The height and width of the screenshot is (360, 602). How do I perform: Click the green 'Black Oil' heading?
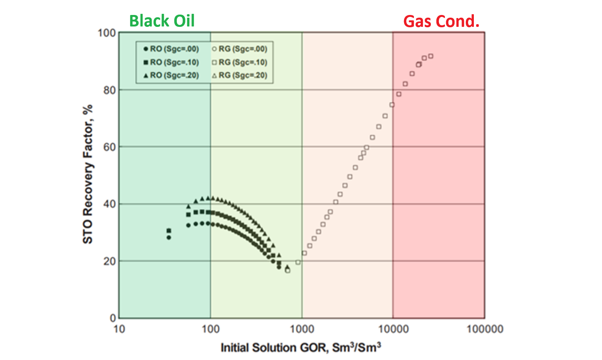tap(162, 21)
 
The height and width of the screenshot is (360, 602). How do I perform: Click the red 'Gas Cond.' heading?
tap(441, 21)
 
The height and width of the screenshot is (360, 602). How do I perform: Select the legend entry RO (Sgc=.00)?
tap(171, 49)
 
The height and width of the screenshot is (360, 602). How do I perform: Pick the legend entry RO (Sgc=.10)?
tap(171, 62)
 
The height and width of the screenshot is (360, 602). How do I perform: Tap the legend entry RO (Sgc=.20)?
tap(171, 75)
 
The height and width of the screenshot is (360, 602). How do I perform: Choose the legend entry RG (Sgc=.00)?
tap(239, 49)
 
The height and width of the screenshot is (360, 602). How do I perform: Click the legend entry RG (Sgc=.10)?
tap(239, 62)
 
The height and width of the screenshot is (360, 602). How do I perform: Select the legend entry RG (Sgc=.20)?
tap(239, 75)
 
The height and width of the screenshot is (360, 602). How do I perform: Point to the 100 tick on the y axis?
tap(107, 33)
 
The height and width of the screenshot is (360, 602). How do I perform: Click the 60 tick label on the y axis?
tap(109, 147)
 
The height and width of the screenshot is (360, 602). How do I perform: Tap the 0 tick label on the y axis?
tap(112, 318)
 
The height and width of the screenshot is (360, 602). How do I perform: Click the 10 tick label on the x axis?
tap(119, 329)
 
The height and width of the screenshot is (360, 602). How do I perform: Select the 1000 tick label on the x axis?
tap(302, 329)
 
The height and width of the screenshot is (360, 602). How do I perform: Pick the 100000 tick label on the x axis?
tap(485, 329)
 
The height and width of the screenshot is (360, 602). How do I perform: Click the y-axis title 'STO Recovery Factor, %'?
tap(88, 174)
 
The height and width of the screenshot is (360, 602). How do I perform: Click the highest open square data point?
tap(430, 56)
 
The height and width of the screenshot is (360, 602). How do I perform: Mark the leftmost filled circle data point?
tap(169, 238)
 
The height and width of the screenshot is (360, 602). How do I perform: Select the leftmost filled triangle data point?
tap(188, 206)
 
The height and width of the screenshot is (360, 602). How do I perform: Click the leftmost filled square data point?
tap(169, 231)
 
